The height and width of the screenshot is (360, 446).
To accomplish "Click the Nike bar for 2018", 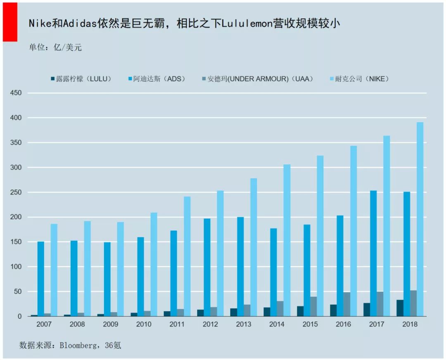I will [x=420, y=219].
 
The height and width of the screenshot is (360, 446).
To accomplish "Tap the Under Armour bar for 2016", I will [x=347, y=304].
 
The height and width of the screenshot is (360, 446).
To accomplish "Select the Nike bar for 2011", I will [x=187, y=256].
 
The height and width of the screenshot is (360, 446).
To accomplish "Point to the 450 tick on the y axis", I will [x=15, y=93].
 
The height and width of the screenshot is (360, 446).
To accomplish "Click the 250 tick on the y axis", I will [x=15, y=192].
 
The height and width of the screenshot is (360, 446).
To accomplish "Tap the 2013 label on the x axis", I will [x=244, y=324].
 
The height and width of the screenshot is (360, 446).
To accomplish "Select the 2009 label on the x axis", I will [x=110, y=324].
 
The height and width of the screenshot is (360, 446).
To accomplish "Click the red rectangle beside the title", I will [x=10, y=21].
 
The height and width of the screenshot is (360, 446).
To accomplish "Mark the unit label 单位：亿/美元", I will [x=55, y=47].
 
